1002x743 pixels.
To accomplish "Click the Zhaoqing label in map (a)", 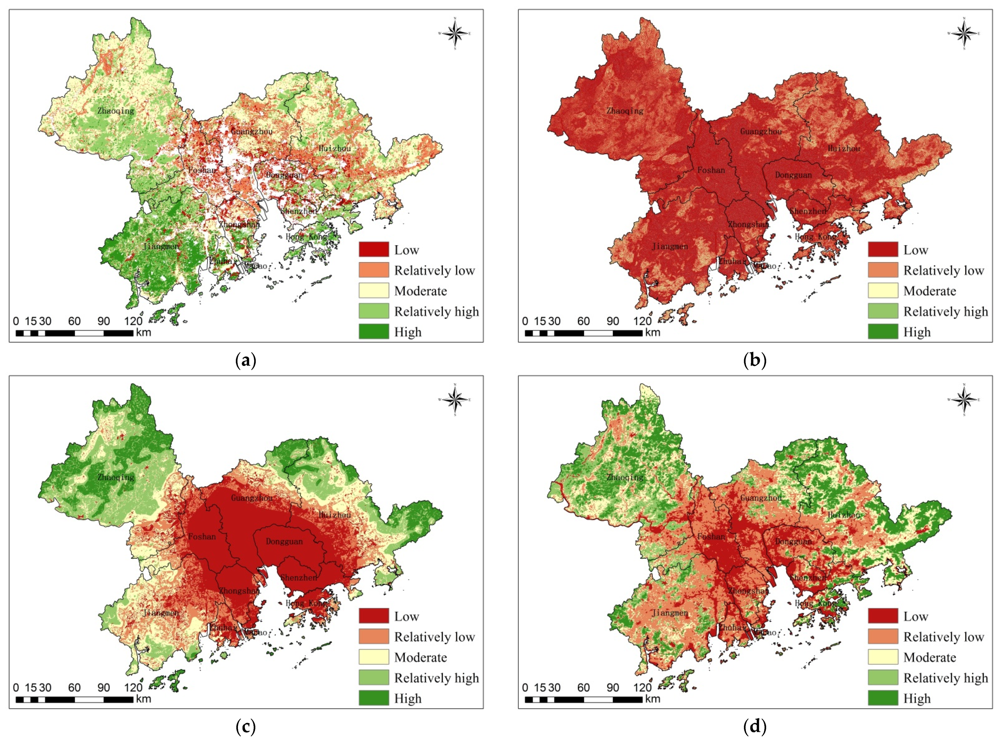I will click(x=116, y=111).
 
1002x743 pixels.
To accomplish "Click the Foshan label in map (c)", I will click(x=202, y=536).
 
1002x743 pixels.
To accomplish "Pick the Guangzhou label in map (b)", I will click(x=761, y=131).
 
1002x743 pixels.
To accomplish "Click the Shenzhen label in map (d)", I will click(x=808, y=577).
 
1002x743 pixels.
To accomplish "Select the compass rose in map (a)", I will click(x=455, y=33).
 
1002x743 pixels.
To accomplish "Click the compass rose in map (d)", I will click(x=964, y=400).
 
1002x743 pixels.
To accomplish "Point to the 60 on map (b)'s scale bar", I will click(x=583, y=321).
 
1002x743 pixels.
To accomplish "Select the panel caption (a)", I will click(x=246, y=360).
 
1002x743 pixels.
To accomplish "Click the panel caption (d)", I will click(x=755, y=726).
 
